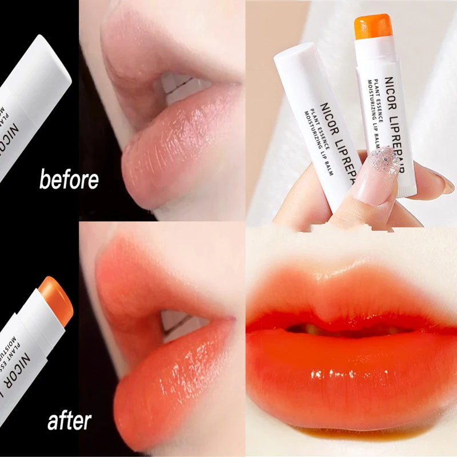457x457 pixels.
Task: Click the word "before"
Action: (x=69, y=179)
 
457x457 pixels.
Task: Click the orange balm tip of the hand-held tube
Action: (x=372, y=27)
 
